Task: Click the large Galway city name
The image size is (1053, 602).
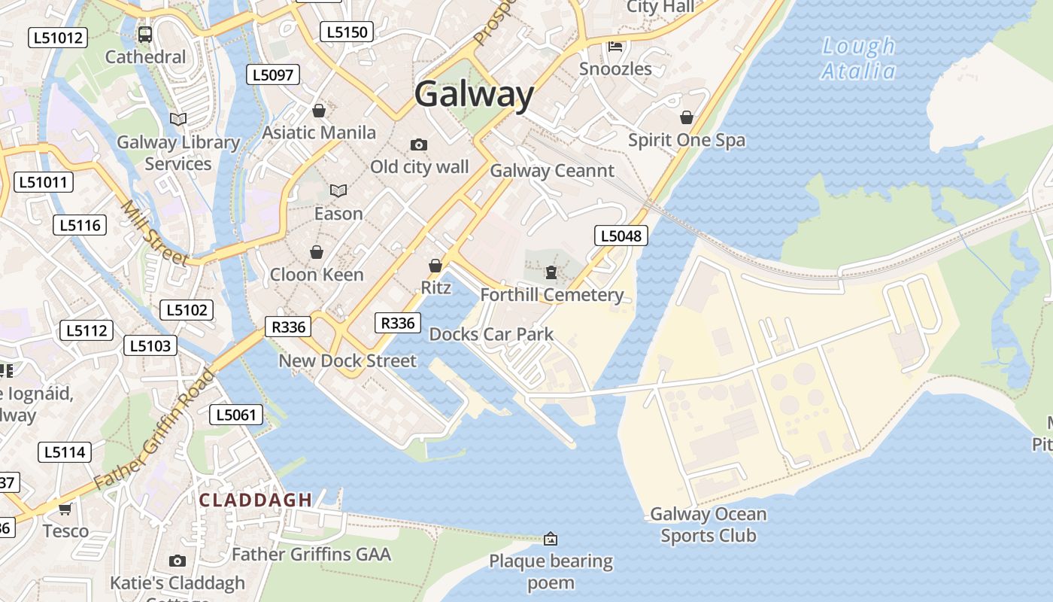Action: point(474,95)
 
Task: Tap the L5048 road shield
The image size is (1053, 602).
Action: point(621,236)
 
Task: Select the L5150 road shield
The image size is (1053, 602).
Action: point(347,32)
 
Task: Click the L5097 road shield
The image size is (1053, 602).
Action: point(274,74)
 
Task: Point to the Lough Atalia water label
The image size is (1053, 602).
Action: point(858,59)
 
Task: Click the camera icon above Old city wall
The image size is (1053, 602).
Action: point(419,144)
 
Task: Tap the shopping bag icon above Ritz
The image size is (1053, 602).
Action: point(435,266)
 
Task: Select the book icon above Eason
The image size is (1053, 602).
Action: point(338,191)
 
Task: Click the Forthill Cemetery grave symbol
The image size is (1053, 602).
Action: point(551,272)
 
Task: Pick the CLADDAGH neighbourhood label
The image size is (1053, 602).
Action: point(256,500)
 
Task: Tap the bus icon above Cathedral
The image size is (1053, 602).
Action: point(145,35)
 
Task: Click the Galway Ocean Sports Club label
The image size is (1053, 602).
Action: point(708,524)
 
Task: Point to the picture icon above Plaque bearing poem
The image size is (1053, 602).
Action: point(551,539)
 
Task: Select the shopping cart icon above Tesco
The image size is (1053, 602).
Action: point(65,509)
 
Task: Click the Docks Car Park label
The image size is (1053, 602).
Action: point(491,334)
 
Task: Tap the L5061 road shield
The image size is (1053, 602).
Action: point(236,414)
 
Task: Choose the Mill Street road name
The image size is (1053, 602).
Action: point(153,233)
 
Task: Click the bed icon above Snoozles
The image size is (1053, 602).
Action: point(615,46)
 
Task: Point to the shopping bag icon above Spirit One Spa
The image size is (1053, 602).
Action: point(686,117)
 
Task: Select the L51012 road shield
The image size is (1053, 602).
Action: point(58,38)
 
